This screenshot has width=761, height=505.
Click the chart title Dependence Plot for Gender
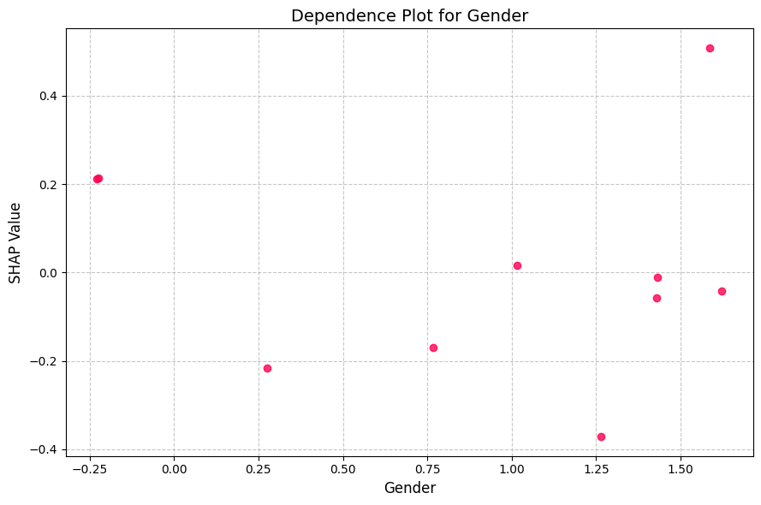point(409,15)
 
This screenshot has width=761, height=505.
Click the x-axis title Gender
point(409,489)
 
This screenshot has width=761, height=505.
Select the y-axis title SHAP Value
point(15,242)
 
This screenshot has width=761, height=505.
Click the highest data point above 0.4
point(710,48)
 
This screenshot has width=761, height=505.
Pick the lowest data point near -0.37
point(601,437)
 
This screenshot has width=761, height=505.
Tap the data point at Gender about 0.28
point(267,368)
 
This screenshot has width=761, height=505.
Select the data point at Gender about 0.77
point(433,348)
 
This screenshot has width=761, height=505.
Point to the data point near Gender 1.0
point(517,265)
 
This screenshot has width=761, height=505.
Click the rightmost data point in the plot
point(722,291)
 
